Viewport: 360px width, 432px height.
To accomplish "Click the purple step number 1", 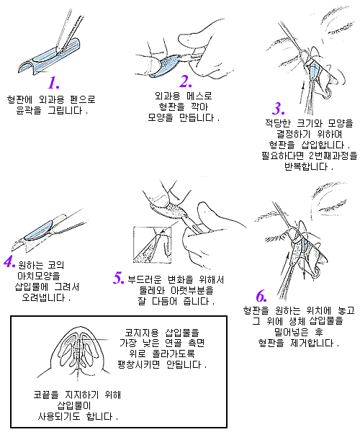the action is pos(53,82).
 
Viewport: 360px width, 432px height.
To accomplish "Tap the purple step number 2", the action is pos(186,80).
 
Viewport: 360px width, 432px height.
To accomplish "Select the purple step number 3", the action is pos(279,108).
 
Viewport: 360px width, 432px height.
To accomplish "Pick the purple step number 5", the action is pos(119,278).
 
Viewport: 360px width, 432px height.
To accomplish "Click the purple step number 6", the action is pos(261,296).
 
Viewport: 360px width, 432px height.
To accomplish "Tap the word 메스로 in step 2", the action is pos(199,96).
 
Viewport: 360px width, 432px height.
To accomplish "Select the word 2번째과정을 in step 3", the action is pos(333,156).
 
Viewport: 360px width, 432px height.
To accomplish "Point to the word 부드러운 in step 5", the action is pos(145,279).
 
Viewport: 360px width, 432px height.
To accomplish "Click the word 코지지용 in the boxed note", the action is pos(142,333).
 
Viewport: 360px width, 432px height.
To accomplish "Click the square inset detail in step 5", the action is pos(153,245).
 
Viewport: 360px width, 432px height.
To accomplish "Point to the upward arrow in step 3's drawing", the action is pos(302,91).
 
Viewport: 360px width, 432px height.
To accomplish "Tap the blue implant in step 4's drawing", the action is pos(38,230).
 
